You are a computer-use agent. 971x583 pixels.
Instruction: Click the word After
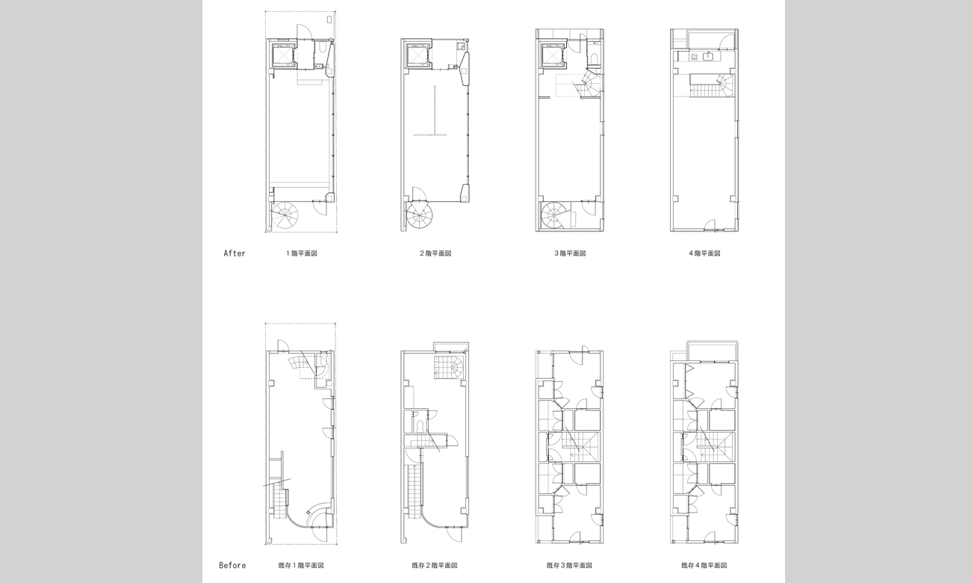click(234, 253)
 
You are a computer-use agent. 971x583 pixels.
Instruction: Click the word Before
click(232, 565)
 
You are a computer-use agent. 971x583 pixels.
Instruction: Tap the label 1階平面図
click(301, 253)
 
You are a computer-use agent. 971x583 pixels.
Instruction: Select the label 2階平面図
click(435, 253)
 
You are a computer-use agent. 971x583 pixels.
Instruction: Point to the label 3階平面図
click(570, 253)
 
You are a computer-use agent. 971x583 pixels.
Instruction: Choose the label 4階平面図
click(704, 253)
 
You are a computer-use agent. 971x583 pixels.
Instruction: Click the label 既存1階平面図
click(301, 565)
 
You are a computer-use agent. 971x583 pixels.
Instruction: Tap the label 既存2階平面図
click(435, 565)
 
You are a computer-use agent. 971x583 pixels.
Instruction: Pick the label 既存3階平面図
click(570, 565)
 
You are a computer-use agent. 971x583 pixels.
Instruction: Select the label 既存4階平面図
click(704, 565)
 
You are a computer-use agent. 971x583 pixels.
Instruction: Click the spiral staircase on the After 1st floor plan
click(285, 215)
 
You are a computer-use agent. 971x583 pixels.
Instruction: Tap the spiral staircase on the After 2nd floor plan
click(420, 215)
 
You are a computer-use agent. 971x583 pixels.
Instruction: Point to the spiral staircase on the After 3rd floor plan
click(555, 215)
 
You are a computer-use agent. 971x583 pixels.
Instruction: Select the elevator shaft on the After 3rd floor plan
click(553, 55)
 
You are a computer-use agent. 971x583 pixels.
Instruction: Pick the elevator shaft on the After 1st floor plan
click(283, 55)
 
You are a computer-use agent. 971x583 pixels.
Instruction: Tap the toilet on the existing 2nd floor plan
click(419, 426)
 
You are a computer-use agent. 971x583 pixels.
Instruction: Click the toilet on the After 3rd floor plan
click(595, 58)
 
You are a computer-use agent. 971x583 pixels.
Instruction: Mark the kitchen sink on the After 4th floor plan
click(707, 56)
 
